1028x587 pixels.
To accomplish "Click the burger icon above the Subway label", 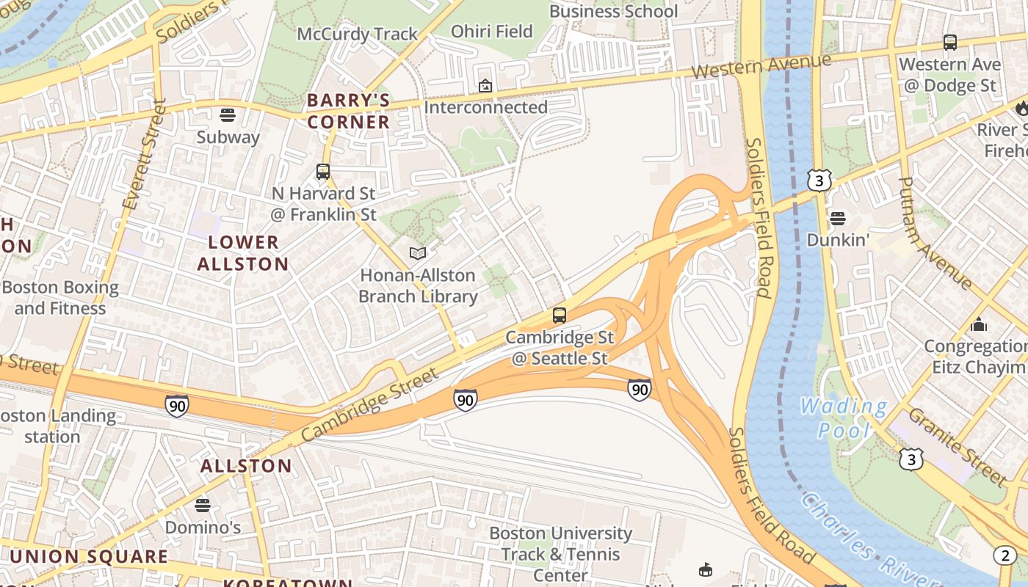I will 228,114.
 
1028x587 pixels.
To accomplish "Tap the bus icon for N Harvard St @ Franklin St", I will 323,172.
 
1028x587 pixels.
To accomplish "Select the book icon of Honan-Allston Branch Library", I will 418,253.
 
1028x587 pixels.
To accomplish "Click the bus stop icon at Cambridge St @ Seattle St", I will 560,316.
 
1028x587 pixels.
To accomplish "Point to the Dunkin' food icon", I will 837,218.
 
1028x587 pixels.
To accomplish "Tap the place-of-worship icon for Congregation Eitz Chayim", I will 978,324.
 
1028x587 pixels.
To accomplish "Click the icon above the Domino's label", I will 203,505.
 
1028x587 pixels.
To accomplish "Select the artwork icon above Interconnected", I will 485,86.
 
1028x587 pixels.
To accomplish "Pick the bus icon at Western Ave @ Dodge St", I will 950,43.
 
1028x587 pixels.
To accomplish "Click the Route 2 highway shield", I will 1005,555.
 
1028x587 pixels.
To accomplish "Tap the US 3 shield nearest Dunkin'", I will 819,181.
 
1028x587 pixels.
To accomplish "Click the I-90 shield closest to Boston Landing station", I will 176,405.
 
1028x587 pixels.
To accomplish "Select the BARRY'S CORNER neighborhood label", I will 348,111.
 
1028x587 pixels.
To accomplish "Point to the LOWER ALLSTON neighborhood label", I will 243,252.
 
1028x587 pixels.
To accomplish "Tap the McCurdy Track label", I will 357,34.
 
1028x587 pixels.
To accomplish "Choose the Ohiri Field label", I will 491,31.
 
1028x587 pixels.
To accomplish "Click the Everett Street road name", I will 143,154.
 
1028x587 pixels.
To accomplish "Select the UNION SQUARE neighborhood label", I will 89,556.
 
